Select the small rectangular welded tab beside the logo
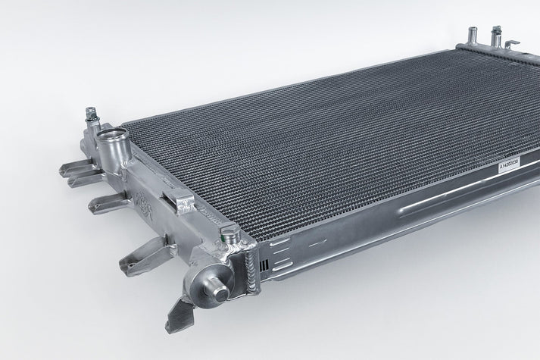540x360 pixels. point(183,202)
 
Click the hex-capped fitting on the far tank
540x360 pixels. point(496,35)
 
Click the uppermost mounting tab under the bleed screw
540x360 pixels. point(78,168)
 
